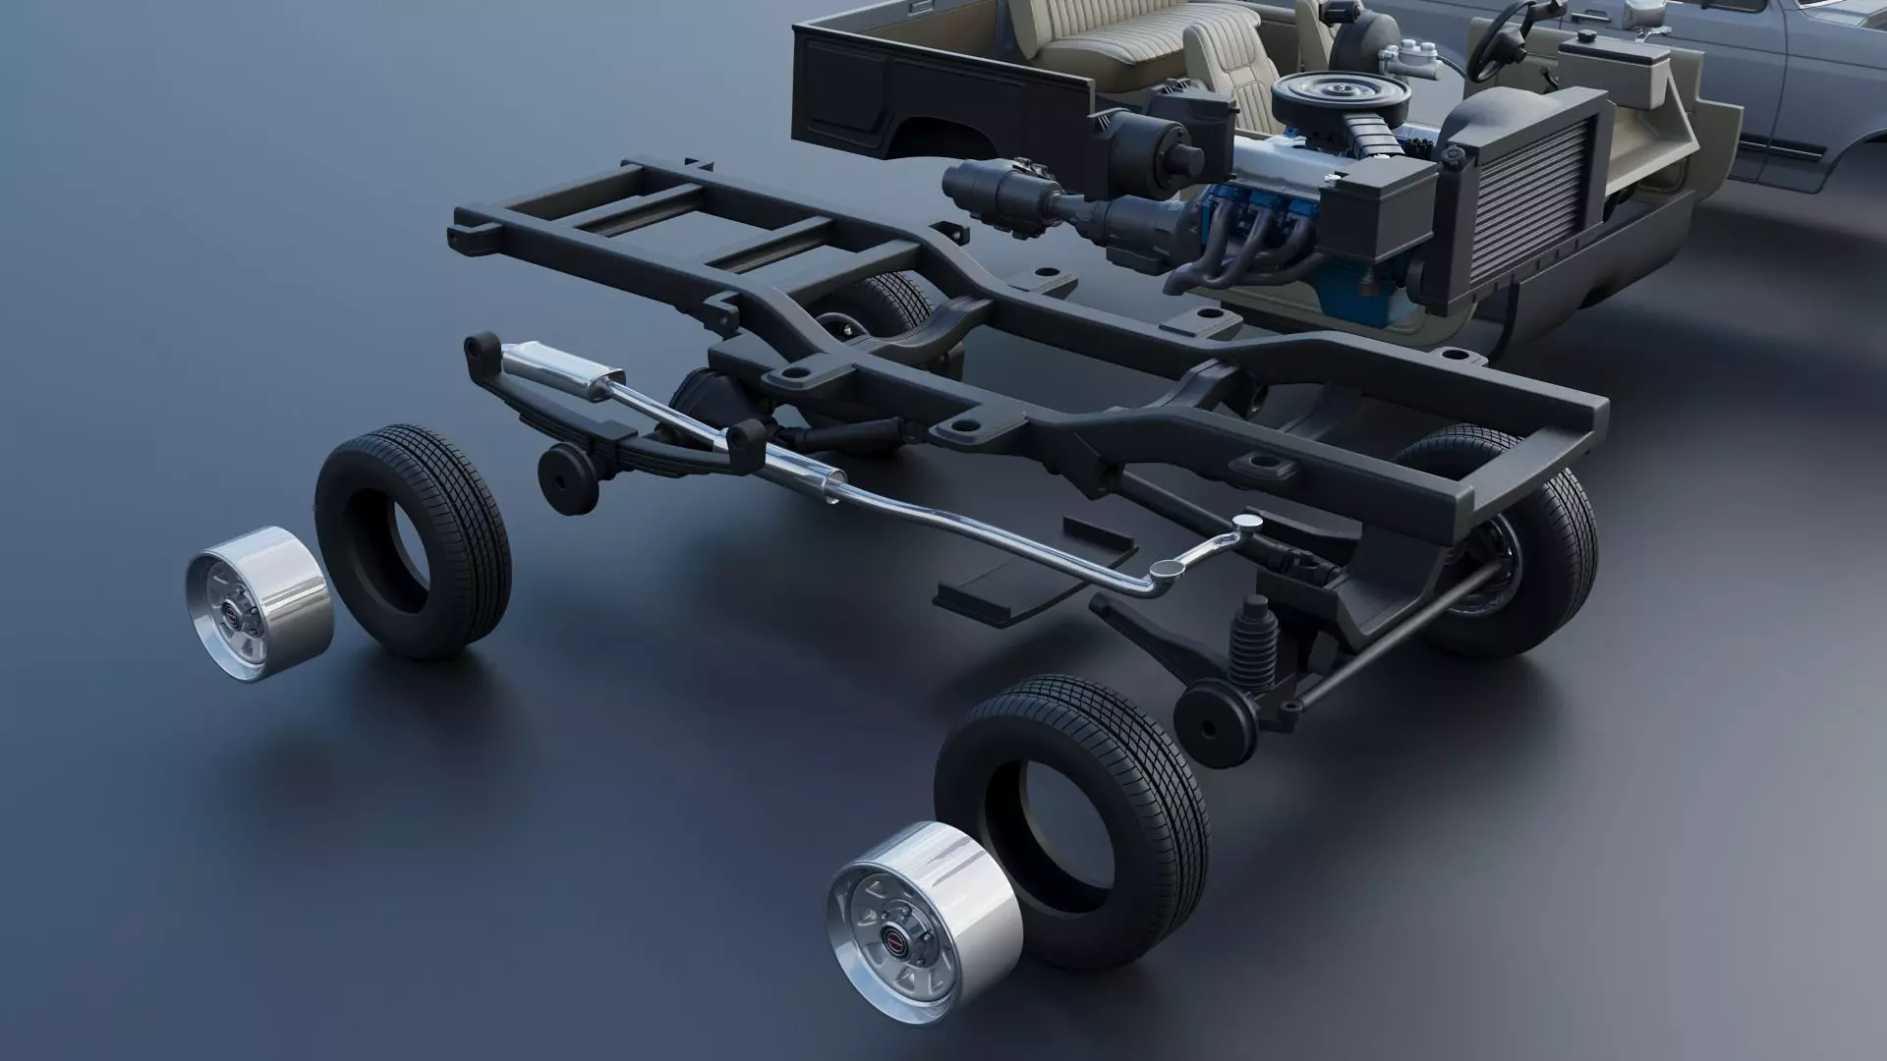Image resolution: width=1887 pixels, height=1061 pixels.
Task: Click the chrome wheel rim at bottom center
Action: tap(924, 910)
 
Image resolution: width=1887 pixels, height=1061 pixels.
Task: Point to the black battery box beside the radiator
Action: tap(1376, 206)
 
